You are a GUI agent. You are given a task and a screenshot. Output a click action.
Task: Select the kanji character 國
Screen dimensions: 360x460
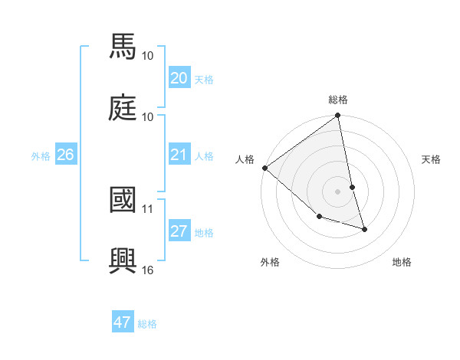124,198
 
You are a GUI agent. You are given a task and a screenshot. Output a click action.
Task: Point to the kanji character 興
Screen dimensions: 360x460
124,260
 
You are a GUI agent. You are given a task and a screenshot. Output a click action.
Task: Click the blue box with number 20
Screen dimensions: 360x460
179,78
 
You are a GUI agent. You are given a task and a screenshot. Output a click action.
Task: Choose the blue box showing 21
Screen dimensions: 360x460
179,155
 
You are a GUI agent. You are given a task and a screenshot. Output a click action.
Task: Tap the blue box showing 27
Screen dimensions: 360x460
179,232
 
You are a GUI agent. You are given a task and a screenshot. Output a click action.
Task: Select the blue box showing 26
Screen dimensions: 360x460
65,155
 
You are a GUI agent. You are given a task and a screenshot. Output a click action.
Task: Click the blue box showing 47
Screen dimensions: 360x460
123,322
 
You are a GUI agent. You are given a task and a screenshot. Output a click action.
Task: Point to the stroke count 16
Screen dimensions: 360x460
148,270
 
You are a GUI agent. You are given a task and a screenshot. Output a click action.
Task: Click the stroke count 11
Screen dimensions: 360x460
148,208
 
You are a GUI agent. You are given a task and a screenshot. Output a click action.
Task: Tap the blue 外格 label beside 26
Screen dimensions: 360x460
41,155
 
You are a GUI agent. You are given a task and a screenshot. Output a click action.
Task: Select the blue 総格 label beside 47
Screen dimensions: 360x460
147,323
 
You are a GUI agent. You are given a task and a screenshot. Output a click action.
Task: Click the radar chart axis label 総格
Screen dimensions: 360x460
338,100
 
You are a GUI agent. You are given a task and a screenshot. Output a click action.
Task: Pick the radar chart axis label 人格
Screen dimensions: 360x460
245,159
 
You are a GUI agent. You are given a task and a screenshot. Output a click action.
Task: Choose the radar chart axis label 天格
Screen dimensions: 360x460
432,159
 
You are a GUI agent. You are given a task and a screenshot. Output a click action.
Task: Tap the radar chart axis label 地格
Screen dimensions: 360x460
402,262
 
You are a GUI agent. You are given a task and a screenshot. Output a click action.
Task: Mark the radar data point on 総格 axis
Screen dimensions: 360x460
338,116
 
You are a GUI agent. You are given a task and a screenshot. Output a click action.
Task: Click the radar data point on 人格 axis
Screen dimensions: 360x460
264,168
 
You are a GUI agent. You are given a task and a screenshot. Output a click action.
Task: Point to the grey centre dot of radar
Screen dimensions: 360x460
338,191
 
